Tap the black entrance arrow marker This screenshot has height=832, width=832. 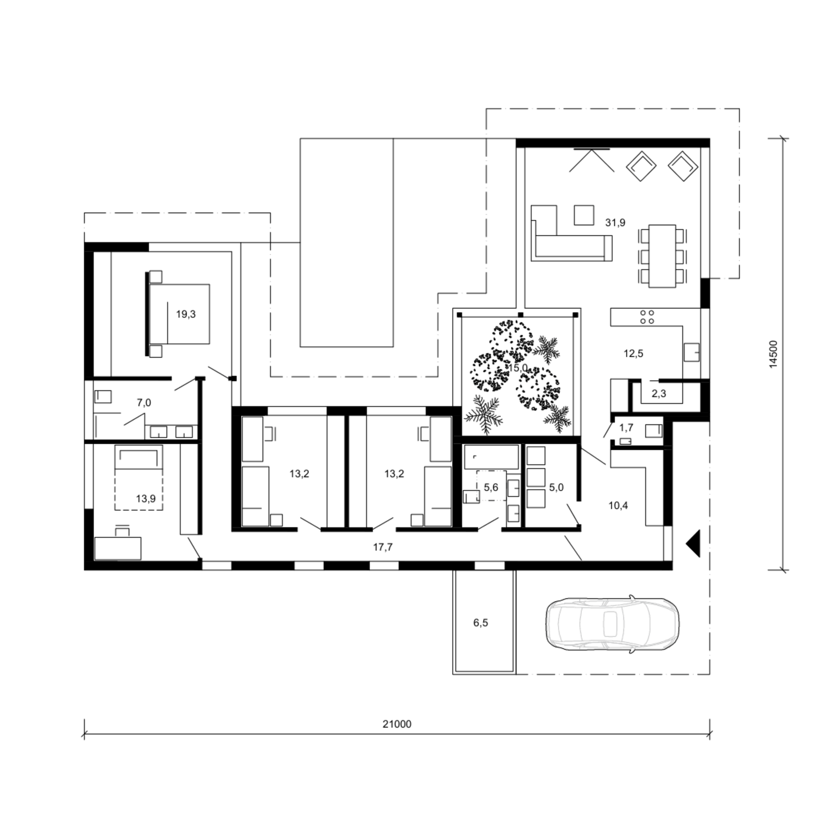(693, 543)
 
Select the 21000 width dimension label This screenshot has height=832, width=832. (397, 724)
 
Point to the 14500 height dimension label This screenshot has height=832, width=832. (774, 353)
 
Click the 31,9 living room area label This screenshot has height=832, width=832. (615, 223)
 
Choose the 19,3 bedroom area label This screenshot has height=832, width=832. (186, 314)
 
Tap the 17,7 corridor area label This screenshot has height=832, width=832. (383, 547)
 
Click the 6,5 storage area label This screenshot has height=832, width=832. (480, 623)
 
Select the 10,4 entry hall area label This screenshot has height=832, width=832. (618, 505)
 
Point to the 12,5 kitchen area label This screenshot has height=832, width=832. (633, 353)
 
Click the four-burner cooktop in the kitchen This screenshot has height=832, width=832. (647, 317)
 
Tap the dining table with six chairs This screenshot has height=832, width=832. (663, 256)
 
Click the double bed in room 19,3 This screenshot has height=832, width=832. (179, 313)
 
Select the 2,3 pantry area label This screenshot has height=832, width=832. (658, 394)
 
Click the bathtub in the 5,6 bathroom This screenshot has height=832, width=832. (491, 457)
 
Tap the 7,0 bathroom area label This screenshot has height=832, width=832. (144, 403)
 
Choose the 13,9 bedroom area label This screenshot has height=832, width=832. (146, 499)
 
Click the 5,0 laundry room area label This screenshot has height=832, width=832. (556, 487)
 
